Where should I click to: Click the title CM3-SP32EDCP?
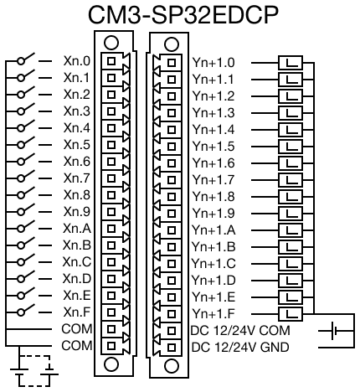183,15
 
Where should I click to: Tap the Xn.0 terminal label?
77,61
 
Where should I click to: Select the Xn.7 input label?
77,178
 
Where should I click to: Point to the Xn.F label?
77,312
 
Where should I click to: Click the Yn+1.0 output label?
213,63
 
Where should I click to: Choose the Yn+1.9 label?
213,214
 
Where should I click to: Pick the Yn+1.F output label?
213,314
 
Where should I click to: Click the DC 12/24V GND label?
240,348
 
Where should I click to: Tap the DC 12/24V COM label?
240,331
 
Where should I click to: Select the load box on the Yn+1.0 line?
291,63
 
